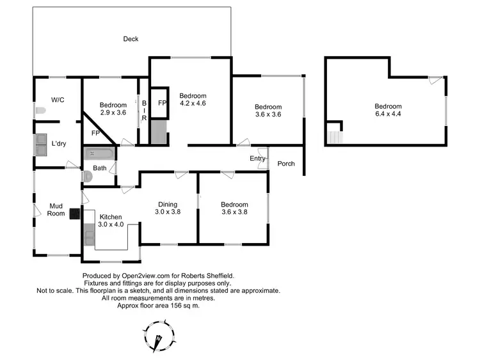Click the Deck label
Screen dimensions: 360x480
point(131,39)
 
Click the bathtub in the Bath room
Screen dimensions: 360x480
point(99,154)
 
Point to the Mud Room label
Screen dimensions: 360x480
point(57,210)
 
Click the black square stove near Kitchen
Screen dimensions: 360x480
point(74,215)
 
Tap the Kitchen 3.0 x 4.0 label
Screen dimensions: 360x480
point(110,221)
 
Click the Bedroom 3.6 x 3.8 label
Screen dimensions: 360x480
point(234,208)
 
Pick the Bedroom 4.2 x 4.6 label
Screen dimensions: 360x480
point(192,98)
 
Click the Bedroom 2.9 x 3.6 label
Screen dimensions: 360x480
point(113,108)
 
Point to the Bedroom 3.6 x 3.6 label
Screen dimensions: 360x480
point(268,111)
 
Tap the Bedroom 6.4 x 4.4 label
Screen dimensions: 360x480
point(388,110)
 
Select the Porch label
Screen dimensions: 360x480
point(286,164)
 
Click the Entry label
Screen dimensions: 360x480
point(257,159)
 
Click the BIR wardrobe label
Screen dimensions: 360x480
point(144,110)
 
